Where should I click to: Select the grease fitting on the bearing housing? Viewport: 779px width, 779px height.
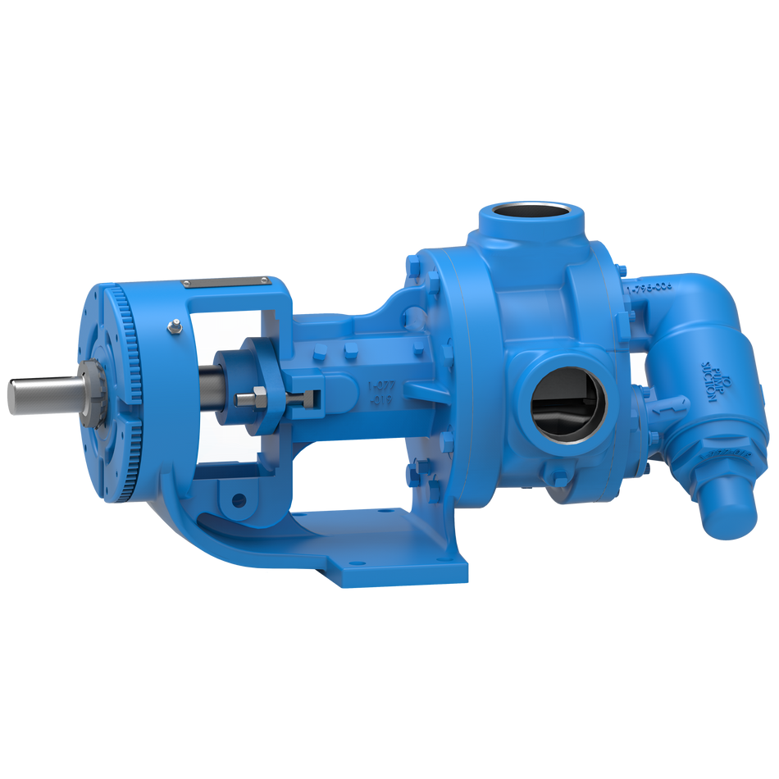coord(174,328)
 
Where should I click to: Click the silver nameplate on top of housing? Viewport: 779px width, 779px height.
coord(227,281)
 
